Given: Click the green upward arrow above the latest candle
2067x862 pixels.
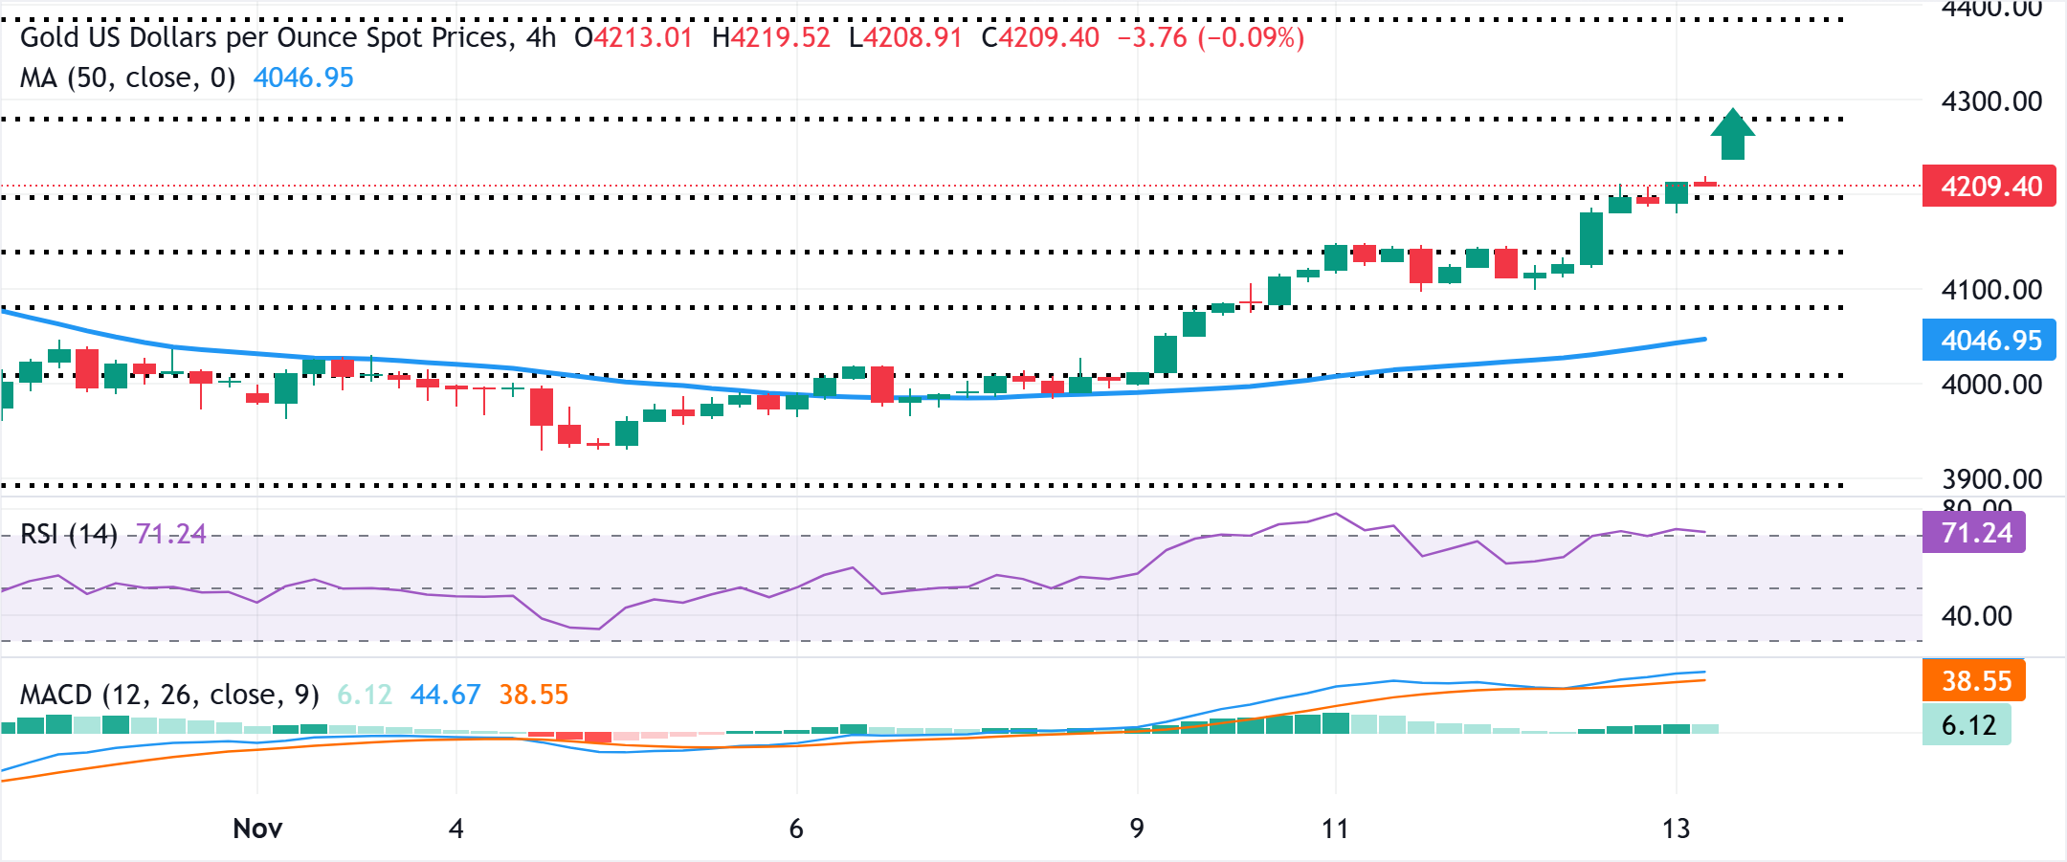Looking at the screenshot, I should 1732,135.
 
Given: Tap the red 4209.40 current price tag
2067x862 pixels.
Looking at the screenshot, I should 1989,187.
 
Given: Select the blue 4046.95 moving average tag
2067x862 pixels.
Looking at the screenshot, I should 1989,341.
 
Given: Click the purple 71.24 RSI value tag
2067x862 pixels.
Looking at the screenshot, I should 1973,533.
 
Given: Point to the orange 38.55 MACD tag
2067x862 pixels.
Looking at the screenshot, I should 1974,681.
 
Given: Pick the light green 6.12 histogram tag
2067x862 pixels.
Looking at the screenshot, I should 1967,725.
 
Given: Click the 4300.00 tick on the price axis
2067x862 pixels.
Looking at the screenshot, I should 1990,101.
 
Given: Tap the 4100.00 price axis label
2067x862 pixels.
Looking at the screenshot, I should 1990,290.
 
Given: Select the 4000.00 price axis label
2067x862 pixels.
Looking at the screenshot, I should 1990,385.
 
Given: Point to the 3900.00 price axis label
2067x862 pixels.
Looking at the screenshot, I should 1990,478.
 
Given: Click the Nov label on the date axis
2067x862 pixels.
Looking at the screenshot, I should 257,829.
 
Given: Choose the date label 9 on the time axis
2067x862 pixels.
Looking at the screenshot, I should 1137,829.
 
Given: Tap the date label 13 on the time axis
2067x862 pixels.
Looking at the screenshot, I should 1676,829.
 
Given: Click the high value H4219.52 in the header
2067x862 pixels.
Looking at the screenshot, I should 771,37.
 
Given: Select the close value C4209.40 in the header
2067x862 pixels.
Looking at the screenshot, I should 1040,37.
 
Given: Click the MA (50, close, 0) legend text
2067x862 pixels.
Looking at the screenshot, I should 127,77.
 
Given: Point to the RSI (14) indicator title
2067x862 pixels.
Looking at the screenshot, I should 68,534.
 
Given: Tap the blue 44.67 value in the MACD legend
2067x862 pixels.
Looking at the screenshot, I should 445,695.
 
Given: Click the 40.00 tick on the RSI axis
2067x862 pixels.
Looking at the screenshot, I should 1976,616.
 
